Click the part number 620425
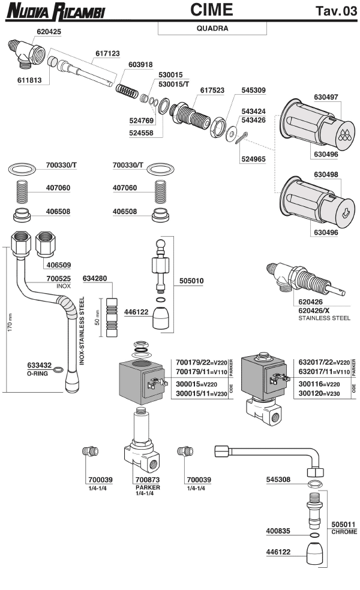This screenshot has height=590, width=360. [x=49, y=31]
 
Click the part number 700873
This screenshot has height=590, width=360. [x=148, y=480]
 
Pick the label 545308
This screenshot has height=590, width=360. [x=280, y=480]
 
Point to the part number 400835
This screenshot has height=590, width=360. [x=280, y=531]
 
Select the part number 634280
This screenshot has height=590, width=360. [x=95, y=278]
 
